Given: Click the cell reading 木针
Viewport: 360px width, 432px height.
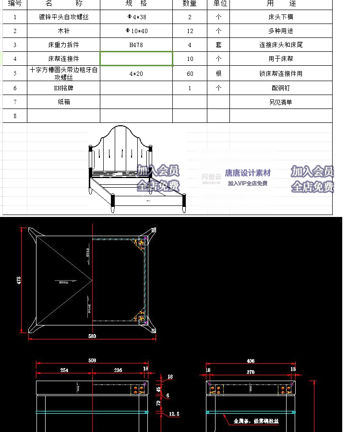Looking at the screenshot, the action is click(x=63, y=31).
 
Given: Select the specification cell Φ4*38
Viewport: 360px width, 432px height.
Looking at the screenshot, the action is click(x=136, y=17).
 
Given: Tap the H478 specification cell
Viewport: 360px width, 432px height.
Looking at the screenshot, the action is click(x=136, y=45).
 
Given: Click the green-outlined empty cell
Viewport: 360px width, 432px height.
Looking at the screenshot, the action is click(x=136, y=59).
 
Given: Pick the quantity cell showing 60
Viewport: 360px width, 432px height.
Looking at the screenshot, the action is click(x=190, y=73).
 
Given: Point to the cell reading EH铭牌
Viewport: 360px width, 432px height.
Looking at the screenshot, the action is click(x=63, y=88).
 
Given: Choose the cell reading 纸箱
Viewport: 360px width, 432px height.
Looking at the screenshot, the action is click(x=63, y=102).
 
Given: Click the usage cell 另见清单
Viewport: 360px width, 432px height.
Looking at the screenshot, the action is click(x=280, y=102).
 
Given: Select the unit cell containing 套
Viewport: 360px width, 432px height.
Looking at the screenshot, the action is click(x=218, y=45).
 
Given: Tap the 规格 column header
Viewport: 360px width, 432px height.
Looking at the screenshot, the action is click(x=136, y=3).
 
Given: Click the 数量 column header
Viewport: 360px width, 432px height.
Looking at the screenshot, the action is click(x=190, y=3).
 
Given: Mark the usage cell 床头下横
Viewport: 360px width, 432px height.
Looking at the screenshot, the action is click(x=280, y=17).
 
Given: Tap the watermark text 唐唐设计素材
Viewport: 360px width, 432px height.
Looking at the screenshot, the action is click(x=248, y=173).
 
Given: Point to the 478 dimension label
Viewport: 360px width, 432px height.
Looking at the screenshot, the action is click(x=18, y=280).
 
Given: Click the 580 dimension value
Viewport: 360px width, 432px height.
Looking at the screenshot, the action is click(x=92, y=336).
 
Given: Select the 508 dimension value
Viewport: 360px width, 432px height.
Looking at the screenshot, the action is click(x=93, y=360).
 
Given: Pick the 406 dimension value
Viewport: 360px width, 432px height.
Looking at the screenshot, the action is click(x=250, y=360).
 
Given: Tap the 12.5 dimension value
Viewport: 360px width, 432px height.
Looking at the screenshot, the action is click(x=174, y=413).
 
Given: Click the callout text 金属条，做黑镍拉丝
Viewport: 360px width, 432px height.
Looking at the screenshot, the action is click(x=256, y=421).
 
